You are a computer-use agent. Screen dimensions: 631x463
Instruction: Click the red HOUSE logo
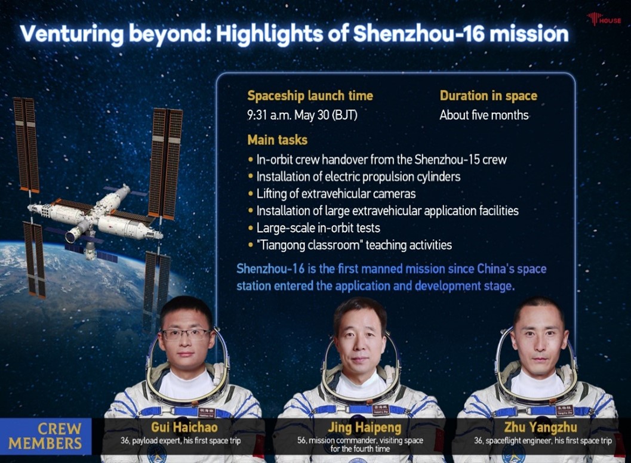coord(604,19)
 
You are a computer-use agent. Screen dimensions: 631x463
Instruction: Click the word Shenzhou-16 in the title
coord(418,33)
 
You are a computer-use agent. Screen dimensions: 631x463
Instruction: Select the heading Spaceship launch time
coord(310,95)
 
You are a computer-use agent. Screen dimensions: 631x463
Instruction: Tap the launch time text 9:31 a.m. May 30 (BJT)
coord(302,115)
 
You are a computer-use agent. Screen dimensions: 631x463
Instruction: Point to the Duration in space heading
coord(488,95)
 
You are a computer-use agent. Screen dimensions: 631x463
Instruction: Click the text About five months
coord(484,115)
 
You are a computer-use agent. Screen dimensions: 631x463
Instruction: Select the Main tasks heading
coord(277,140)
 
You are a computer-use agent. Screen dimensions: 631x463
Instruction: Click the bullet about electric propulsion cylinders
coord(355,177)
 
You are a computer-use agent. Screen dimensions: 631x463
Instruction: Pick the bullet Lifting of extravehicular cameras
coord(332,193)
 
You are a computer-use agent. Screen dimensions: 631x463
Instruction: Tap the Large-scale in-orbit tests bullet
coord(314,228)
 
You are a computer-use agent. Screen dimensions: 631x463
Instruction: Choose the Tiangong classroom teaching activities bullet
coord(350,245)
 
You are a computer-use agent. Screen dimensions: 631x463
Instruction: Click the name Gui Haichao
coord(184,427)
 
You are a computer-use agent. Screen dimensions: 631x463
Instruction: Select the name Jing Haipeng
coord(365,427)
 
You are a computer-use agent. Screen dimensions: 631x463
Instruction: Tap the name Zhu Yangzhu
coord(540,427)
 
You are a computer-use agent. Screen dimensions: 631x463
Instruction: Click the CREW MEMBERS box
coord(46,437)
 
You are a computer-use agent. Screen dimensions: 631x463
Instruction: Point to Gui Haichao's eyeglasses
coord(186,334)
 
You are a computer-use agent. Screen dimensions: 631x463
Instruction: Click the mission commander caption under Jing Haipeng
coord(360,445)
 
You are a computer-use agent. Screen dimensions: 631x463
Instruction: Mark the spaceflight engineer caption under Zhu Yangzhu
coord(543,440)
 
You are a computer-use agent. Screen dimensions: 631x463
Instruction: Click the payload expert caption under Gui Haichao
coord(181,440)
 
